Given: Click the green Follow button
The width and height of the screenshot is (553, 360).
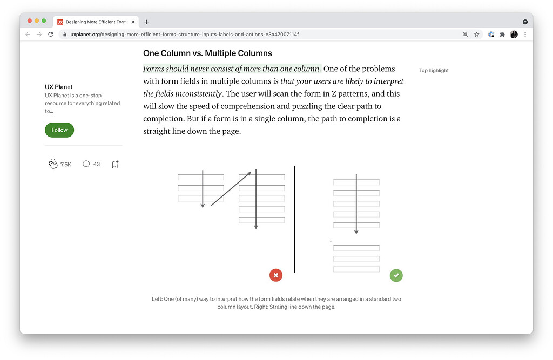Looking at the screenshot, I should (59, 130).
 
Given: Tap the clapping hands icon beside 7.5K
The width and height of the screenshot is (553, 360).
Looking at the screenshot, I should (53, 164).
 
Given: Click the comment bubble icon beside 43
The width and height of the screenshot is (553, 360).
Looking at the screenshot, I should (86, 164).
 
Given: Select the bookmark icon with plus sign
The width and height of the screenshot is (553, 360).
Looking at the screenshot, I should (115, 164).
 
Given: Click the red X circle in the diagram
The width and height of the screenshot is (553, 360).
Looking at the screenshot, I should (276, 275).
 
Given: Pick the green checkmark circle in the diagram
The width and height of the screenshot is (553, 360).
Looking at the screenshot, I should (396, 275).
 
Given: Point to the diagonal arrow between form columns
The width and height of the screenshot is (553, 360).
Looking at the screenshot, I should (231, 188).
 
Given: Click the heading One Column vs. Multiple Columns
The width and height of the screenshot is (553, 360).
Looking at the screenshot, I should (207, 53).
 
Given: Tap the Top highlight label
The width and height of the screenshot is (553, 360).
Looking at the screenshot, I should (434, 71).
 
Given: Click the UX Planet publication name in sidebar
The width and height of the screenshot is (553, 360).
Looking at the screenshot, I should (59, 87).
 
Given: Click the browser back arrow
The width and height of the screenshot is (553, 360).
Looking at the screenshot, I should (28, 34).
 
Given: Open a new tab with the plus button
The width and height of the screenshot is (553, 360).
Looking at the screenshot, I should (146, 22).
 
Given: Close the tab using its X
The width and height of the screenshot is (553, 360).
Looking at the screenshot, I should (133, 22).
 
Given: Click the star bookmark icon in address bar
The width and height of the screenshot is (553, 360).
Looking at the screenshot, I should (477, 34).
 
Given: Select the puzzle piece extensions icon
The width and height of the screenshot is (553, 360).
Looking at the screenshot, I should (502, 34).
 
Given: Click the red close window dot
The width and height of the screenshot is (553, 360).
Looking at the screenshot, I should (30, 21).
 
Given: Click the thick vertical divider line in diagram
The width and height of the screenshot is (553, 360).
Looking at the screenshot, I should (294, 219).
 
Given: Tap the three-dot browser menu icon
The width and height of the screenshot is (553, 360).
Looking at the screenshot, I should (525, 34).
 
